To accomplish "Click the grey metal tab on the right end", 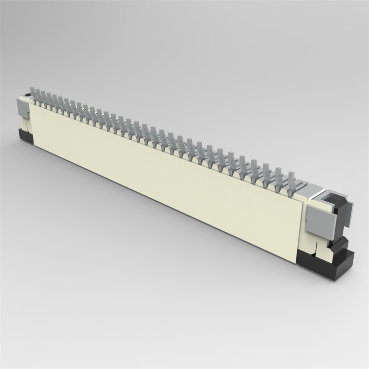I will pos(319,219).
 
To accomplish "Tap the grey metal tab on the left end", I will pos(23,108).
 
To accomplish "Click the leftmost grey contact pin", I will pos(33,95).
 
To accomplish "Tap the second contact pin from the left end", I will pos(38,96).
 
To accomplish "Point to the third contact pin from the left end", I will pos(44,98).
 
